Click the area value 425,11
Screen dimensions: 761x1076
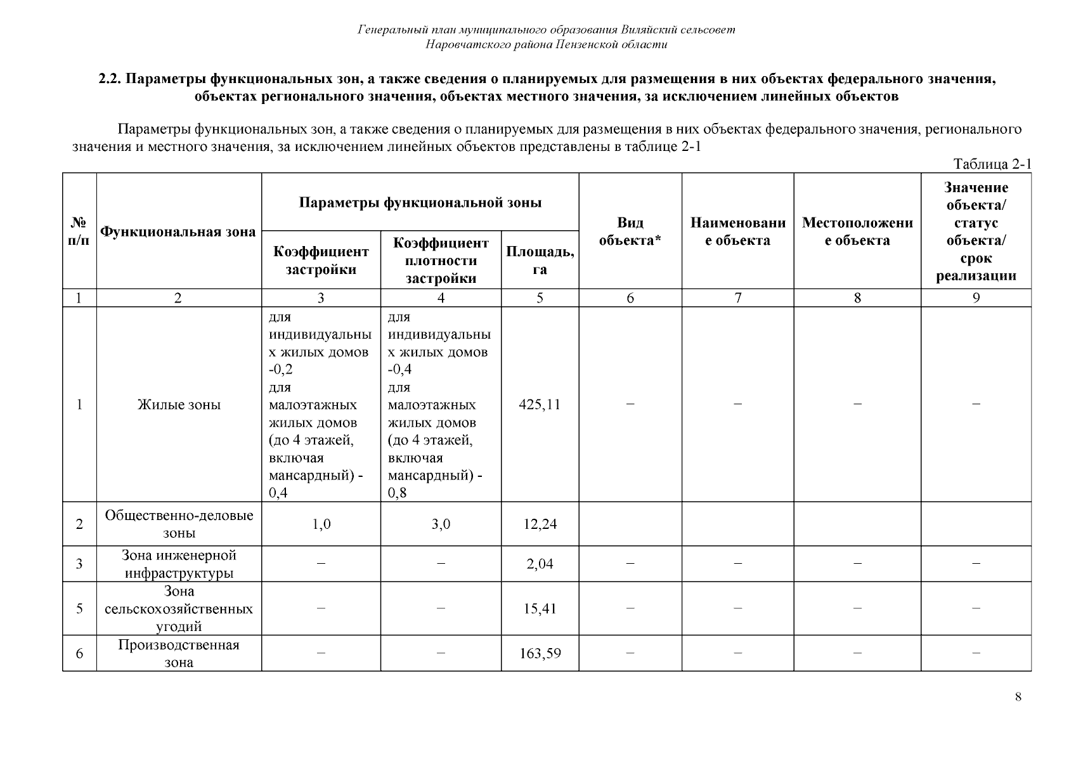[540, 405]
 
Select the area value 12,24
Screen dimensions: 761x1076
[540, 524]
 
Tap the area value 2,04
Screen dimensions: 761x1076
[540, 564]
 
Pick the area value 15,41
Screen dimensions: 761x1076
[540, 609]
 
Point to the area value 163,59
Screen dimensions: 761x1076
[540, 653]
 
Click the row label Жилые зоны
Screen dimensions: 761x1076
[179, 405]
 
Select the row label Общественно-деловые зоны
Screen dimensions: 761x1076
[179, 524]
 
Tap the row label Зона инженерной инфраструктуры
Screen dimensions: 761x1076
[179, 564]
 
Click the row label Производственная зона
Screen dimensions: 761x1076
[179, 653]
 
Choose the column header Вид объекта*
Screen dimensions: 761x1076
[630, 231]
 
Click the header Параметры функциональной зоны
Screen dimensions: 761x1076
[420, 203]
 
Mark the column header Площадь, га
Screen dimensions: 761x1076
[540, 260]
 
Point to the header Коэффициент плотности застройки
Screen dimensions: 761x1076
[441, 261]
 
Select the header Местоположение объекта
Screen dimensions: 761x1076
[857, 231]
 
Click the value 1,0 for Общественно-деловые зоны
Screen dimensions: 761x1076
[321, 524]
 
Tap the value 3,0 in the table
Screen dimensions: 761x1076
[441, 524]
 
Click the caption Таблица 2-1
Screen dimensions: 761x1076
[992, 164]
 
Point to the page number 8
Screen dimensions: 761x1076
[1018, 697]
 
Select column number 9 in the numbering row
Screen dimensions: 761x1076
[976, 298]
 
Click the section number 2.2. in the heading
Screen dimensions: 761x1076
[111, 79]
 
